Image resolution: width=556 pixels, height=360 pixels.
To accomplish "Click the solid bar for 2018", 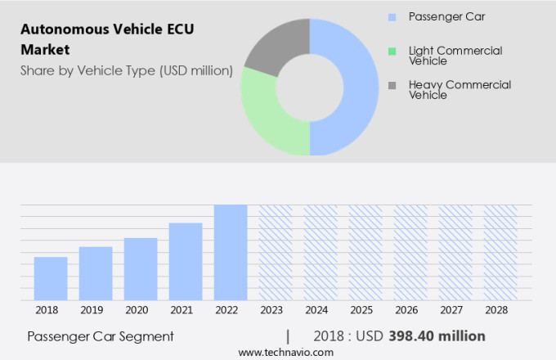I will click(51, 278).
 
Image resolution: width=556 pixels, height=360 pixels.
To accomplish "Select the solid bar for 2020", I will click(141, 269).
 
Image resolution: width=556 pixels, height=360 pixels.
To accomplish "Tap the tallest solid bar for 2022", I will click(231, 252).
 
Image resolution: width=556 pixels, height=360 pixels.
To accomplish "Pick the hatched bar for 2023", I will click(276, 252).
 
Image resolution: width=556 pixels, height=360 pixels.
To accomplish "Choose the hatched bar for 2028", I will click(500, 252).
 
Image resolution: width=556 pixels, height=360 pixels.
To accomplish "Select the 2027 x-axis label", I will click(455, 310).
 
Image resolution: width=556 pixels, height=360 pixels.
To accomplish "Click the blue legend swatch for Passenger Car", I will click(392, 16).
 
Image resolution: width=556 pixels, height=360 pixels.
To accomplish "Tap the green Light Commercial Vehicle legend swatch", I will click(392, 51).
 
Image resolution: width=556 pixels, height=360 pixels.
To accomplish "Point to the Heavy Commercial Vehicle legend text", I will click(448, 89).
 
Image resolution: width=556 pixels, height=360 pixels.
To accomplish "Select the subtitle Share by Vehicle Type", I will click(127, 71).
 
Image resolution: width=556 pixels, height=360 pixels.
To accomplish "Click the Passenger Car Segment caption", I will click(101, 336).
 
